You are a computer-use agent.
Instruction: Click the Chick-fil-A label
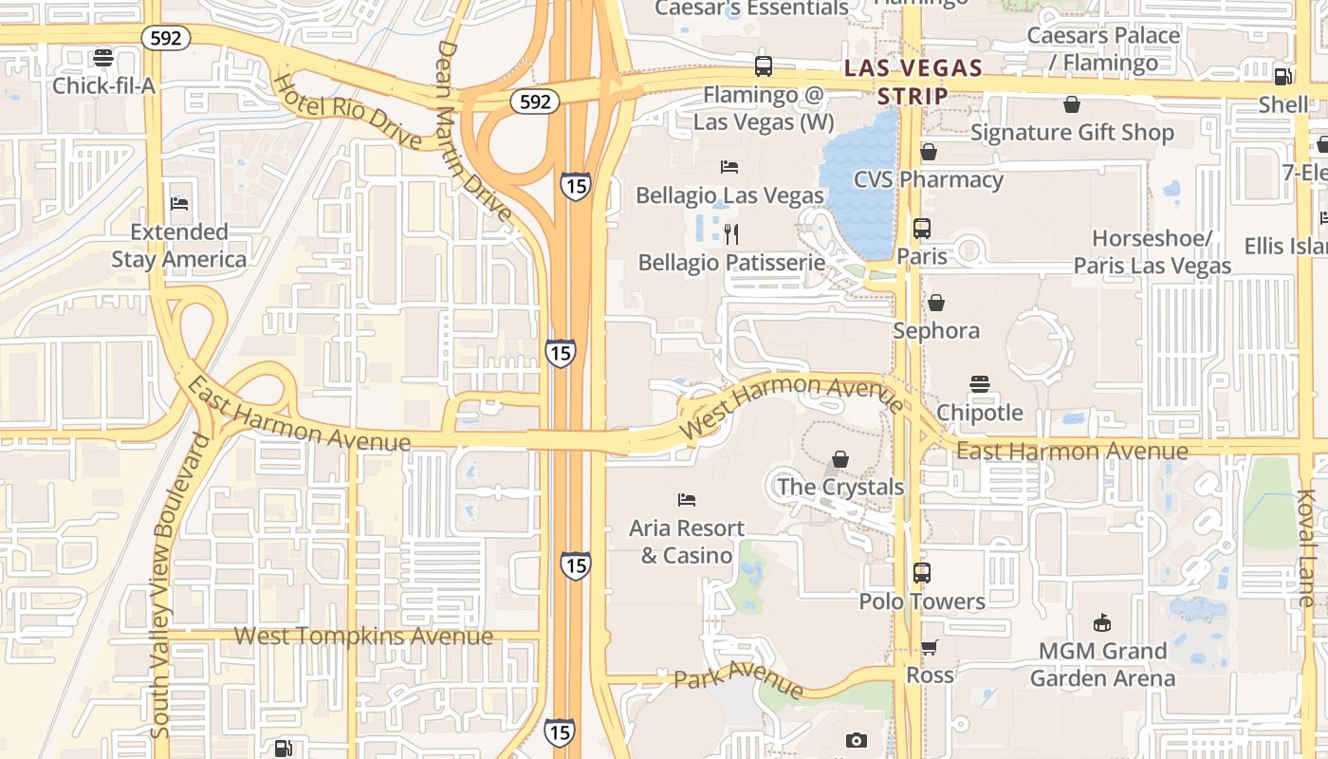[103, 85]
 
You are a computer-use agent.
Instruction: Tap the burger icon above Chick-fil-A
[103, 58]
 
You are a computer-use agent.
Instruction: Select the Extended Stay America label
[178, 246]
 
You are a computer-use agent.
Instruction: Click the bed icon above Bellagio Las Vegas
[729, 167]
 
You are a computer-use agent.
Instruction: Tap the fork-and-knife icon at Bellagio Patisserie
[730, 233]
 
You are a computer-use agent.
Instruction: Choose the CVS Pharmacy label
[928, 179]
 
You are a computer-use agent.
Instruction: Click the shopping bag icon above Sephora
[935, 303]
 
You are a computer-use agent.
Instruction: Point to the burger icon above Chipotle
[980, 384]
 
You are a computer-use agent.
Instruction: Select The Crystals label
[839, 487]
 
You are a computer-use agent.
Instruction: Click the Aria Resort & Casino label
[686, 542]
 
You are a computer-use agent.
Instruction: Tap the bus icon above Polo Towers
[921, 573]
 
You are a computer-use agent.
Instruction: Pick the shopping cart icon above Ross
[929, 647]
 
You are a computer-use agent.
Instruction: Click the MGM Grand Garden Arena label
[1102, 664]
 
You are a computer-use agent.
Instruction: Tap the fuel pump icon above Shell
[1282, 77]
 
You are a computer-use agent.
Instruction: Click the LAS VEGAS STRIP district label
[913, 82]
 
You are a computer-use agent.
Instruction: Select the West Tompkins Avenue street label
[363, 636]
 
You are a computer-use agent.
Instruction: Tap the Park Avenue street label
[738, 683]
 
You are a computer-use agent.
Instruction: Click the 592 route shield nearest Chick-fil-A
[166, 38]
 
